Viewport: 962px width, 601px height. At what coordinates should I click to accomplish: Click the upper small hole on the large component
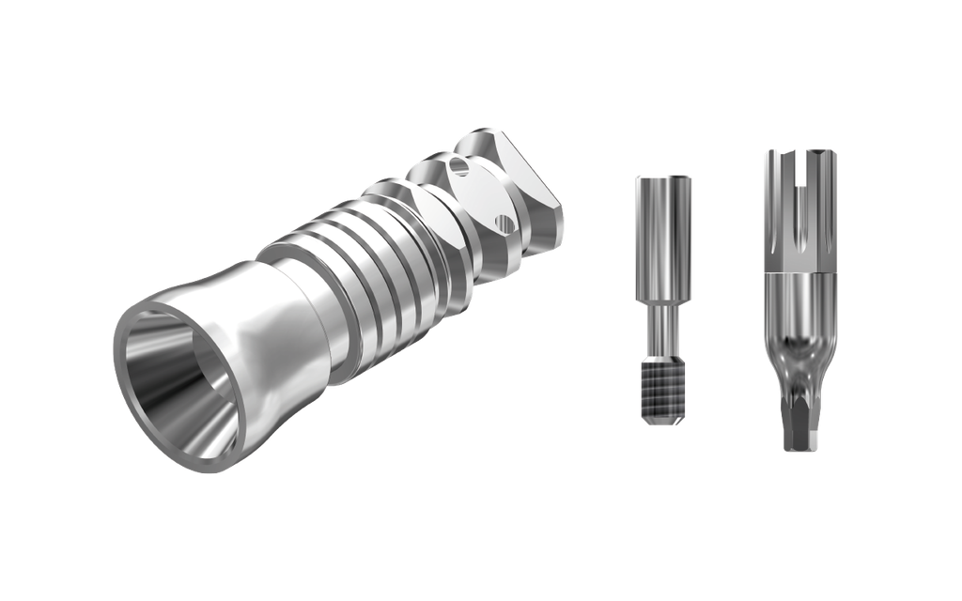point(458,168)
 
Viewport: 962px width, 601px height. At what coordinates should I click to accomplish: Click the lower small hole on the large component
point(504,223)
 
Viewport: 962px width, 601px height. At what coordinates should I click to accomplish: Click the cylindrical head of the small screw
point(663,235)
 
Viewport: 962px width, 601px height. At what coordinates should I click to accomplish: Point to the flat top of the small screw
point(663,177)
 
